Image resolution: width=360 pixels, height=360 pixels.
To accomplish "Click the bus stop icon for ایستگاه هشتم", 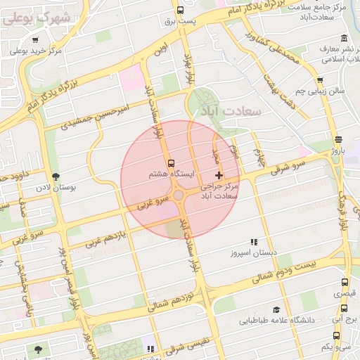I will coord(172,163).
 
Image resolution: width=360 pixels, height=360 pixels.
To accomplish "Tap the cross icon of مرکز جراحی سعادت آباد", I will coord(219,174).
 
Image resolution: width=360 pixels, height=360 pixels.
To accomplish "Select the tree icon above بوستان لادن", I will coord(56,176).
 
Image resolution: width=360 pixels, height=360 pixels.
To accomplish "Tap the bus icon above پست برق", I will coord(181,10).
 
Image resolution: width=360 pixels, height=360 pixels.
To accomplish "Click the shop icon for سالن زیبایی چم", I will coord(321,80).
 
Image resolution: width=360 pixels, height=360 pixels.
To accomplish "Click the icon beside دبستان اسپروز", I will coord(254,241).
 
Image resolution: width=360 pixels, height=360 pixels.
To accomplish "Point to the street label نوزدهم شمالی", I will coord(169,304).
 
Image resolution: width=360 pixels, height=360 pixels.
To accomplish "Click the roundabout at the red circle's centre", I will coord(179,195).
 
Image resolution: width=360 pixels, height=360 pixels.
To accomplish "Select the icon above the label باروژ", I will coord(340,139).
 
